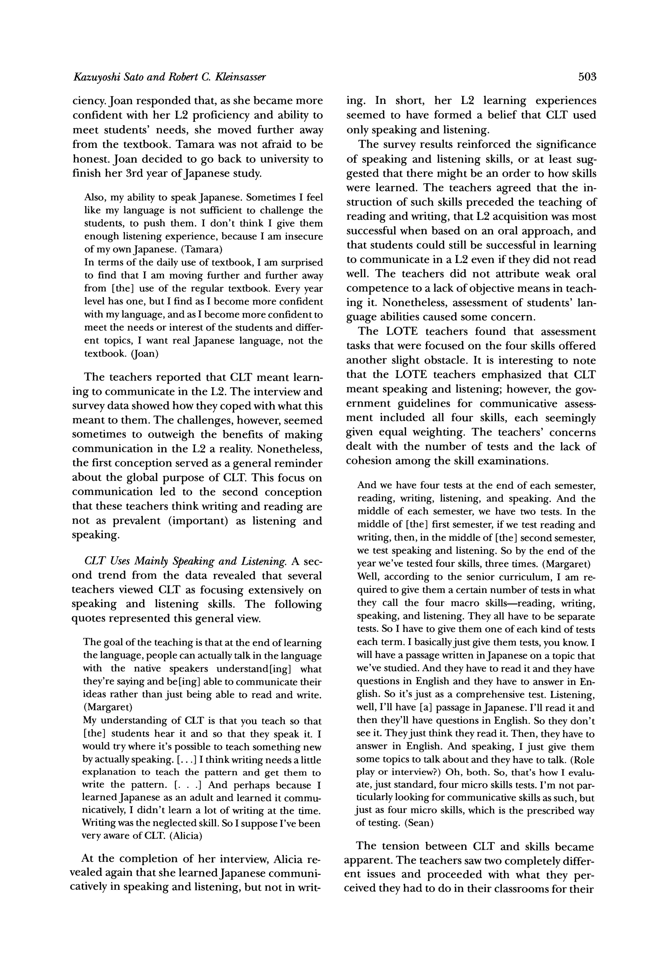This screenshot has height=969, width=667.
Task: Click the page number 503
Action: pos(587,77)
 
